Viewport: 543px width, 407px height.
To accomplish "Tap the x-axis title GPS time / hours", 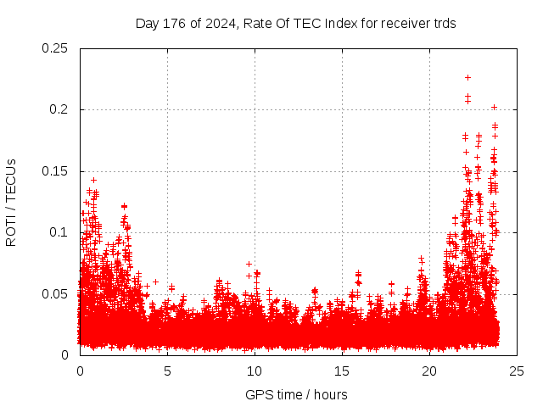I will point(296,394).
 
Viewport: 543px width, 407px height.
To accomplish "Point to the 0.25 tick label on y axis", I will point(56,48).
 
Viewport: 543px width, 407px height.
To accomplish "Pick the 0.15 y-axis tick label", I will point(56,171).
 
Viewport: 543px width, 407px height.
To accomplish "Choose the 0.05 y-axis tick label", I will point(56,294).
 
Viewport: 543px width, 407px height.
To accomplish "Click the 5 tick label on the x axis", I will point(167,371).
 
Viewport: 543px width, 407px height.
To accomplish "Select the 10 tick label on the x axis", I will point(255,371).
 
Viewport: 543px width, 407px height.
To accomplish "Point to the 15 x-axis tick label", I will point(342,371).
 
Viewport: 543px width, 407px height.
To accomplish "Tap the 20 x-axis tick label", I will point(429,371).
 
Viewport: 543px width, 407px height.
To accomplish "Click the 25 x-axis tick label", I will point(517,371).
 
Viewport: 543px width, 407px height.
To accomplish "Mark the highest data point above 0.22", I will point(467,78).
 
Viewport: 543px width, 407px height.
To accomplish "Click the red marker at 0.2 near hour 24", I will point(494,108).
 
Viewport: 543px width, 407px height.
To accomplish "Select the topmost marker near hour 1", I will point(93,180).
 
